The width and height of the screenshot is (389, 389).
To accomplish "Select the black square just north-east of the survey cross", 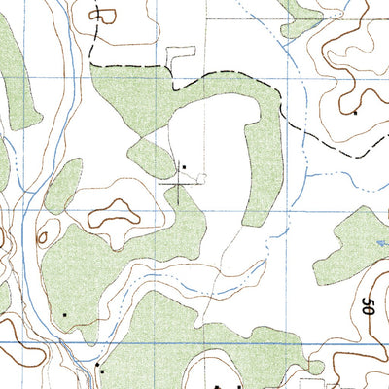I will click(x=184, y=166).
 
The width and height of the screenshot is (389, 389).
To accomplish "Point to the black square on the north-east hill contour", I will click(x=356, y=113).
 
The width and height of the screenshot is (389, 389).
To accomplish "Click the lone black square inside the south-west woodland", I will click(x=64, y=314).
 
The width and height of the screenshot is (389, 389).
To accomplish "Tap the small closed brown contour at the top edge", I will click(x=98, y=11).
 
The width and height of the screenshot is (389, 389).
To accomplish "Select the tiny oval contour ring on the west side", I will click(x=41, y=237).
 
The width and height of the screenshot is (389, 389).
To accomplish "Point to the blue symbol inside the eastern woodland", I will click(x=377, y=244).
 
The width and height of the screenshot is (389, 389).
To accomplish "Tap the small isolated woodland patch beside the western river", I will click(x=62, y=185).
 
